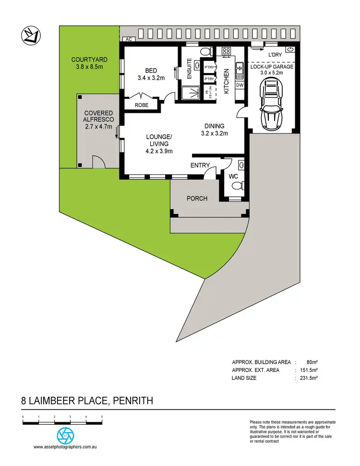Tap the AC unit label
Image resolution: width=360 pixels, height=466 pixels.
point(128,40)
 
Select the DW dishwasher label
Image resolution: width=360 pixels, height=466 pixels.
point(240,85)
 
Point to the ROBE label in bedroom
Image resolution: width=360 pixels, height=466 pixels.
point(141,105)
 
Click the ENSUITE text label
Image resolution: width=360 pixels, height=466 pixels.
point(190,69)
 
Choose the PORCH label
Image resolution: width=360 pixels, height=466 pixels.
point(197,198)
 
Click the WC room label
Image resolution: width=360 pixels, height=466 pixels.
point(234,177)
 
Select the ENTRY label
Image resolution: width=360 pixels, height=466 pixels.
point(200,165)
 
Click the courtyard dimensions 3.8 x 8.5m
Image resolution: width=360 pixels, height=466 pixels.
point(89,67)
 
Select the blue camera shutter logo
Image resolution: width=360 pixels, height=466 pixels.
point(65,435)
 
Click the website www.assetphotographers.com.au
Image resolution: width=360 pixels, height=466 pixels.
point(65,447)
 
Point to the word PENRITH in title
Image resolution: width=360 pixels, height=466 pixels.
point(132,400)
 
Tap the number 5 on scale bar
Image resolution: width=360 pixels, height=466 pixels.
point(102,417)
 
